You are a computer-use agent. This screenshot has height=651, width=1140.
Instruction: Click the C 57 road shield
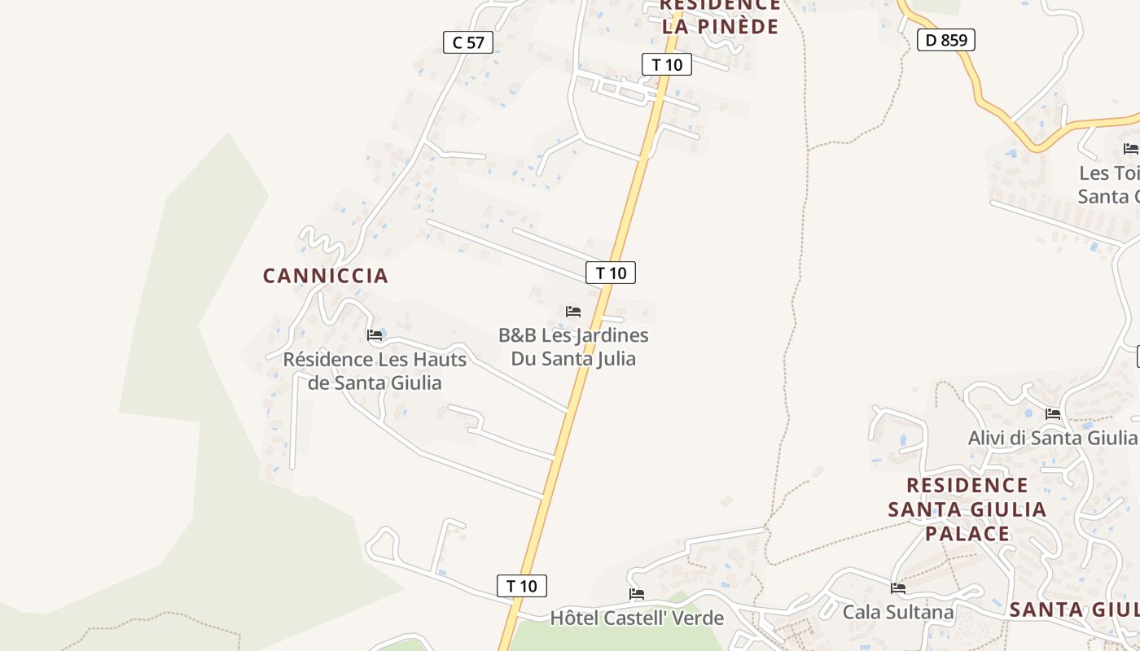tap(468, 42)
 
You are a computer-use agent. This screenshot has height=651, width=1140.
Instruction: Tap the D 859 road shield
tap(945, 39)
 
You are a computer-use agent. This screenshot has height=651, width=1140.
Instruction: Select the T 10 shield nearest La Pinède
tap(667, 64)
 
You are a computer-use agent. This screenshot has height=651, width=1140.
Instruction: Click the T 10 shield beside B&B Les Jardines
tap(611, 273)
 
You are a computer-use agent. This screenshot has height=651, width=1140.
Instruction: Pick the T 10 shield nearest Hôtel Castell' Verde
tap(522, 585)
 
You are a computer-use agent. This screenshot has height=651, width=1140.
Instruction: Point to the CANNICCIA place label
tap(325, 276)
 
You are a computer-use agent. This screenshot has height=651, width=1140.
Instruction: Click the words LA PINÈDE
tap(720, 26)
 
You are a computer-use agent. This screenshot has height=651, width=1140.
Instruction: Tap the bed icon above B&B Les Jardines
tap(573, 311)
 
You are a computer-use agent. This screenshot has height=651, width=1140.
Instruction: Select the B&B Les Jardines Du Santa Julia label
tap(573, 347)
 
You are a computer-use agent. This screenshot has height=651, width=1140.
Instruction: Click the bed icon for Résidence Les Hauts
tap(375, 334)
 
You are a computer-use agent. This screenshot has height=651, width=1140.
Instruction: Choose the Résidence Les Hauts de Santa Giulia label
tap(375, 371)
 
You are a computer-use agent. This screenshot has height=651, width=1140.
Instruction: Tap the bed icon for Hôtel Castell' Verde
tap(637, 594)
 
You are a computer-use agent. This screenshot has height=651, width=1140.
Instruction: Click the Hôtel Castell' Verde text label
tap(637, 618)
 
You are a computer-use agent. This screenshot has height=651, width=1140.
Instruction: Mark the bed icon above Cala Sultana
tap(898, 588)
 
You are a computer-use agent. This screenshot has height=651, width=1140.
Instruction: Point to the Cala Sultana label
tap(898, 612)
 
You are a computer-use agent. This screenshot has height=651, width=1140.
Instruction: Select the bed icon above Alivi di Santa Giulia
tap(1053, 413)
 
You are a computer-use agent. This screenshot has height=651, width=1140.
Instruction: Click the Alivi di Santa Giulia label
tap(1052, 438)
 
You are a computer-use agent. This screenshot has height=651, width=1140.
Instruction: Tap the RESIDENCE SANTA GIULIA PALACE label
tap(967, 509)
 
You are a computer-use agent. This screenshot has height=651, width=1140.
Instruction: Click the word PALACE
tap(967, 534)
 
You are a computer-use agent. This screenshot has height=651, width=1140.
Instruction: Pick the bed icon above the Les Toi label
tap(1130, 148)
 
